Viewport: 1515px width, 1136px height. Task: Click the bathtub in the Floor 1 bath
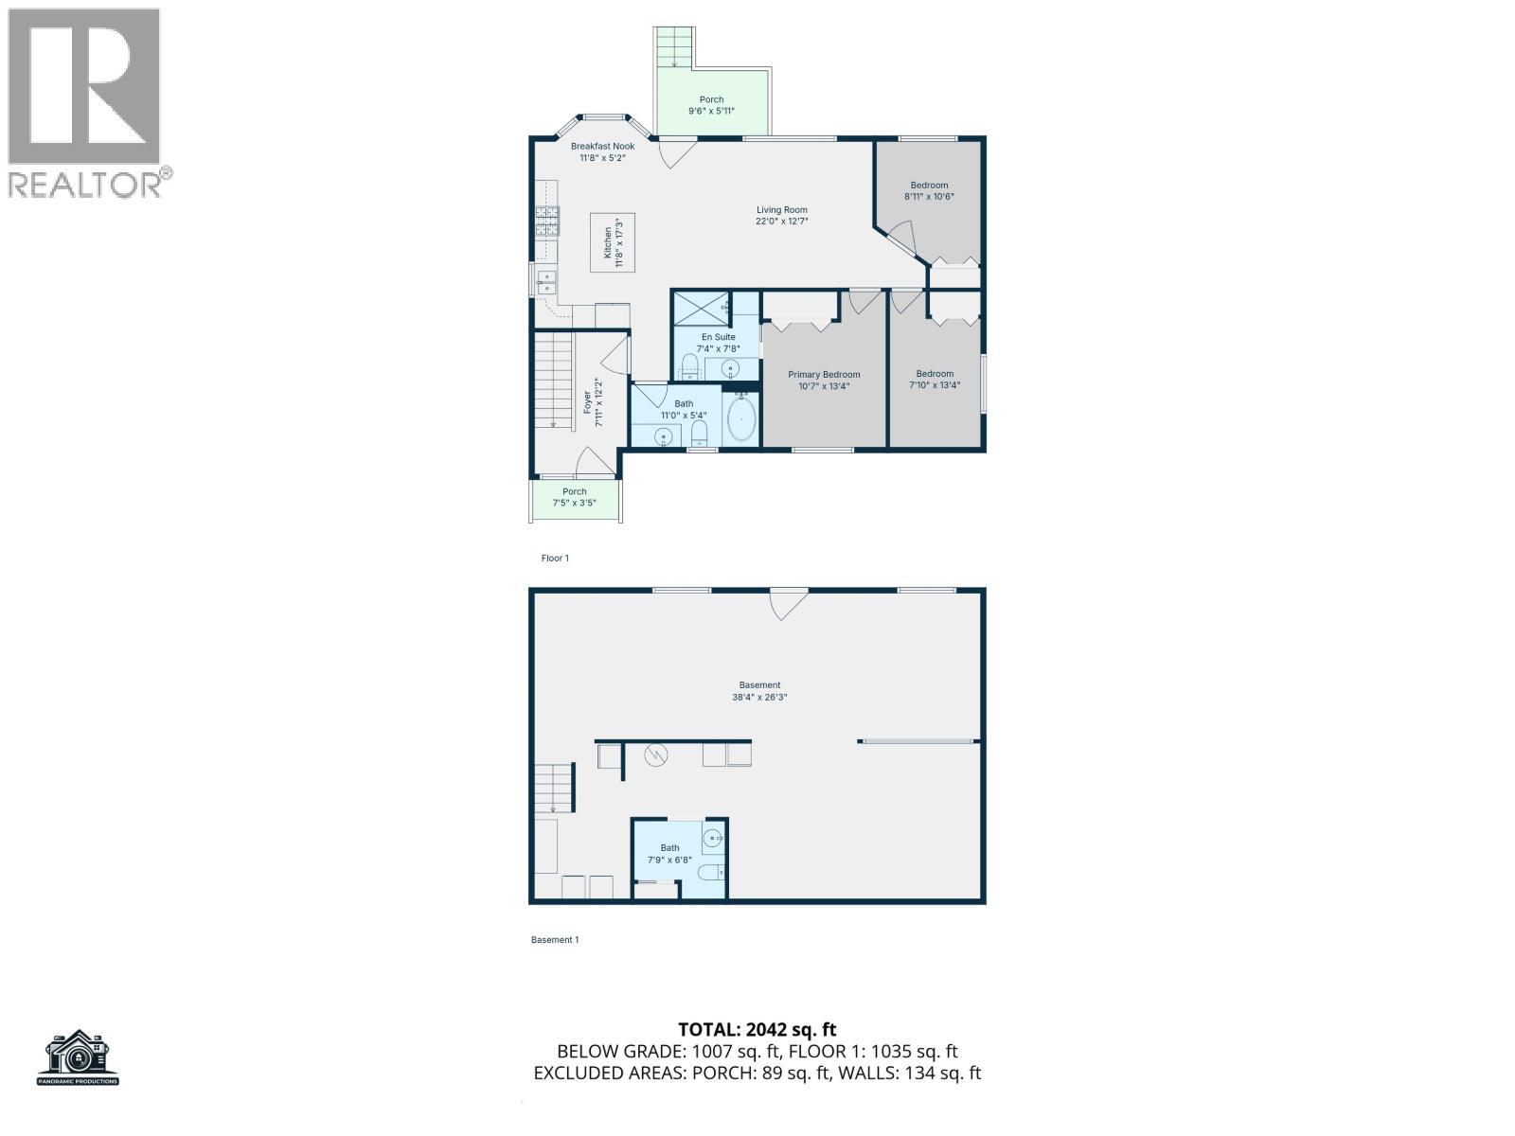coord(741,419)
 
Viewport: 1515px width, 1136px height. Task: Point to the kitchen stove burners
coord(548,222)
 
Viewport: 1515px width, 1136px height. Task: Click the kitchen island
coord(613,242)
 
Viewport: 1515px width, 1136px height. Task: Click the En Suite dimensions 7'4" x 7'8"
coord(717,348)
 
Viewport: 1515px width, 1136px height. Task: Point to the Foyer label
coord(588,402)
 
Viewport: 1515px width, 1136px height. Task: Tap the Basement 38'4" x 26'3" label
coord(759,691)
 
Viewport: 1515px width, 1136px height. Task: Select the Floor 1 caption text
coord(555,559)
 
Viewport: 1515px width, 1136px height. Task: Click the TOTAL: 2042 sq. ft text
coord(757,1030)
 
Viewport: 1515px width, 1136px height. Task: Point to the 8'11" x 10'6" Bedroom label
coord(929,191)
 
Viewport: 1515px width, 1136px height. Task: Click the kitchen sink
coord(545,281)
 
